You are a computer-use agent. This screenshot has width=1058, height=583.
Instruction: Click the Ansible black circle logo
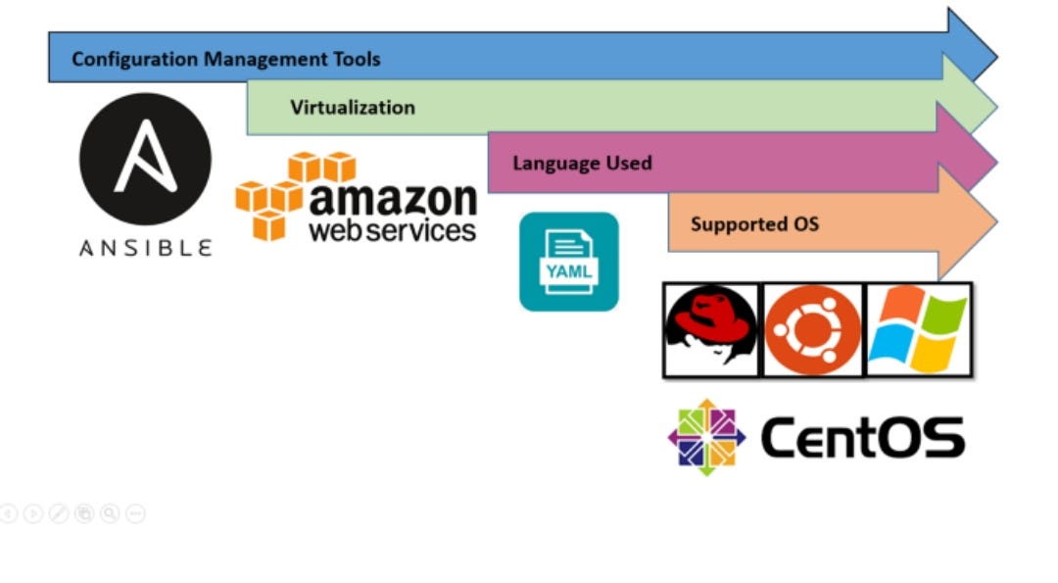(145, 159)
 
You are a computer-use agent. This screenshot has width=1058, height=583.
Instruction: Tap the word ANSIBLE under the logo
(145, 247)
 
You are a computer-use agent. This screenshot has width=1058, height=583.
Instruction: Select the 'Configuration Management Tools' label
(225, 60)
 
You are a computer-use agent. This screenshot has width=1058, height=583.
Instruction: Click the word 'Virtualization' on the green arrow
(353, 108)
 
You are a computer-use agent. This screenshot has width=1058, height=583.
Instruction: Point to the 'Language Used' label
(582, 163)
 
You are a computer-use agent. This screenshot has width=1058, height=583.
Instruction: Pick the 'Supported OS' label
(754, 224)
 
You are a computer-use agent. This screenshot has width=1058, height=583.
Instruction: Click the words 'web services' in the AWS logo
(392, 230)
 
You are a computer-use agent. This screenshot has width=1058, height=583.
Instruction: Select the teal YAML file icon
(569, 262)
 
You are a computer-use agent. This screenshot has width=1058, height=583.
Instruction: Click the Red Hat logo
(711, 329)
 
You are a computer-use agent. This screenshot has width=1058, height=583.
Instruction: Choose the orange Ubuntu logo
(812, 330)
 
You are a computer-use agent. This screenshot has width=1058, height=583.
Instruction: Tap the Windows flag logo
(918, 330)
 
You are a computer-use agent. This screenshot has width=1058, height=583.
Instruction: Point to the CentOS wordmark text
(862, 438)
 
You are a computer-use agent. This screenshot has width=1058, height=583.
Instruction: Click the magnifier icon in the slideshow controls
(109, 513)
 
